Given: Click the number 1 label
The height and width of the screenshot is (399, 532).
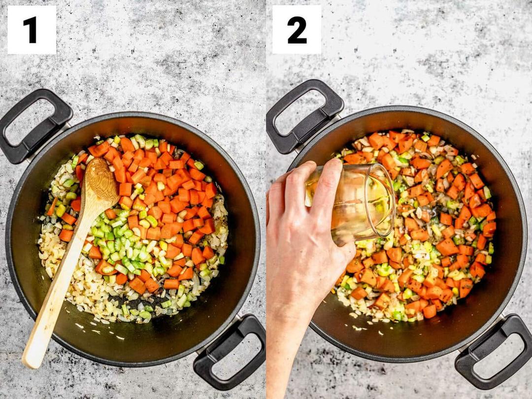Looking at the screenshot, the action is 30,30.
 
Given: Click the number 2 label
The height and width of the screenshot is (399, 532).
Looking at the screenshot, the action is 297,30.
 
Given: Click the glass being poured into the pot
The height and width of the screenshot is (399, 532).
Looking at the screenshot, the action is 353,203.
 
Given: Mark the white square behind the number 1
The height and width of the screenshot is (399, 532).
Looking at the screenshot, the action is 32,30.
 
